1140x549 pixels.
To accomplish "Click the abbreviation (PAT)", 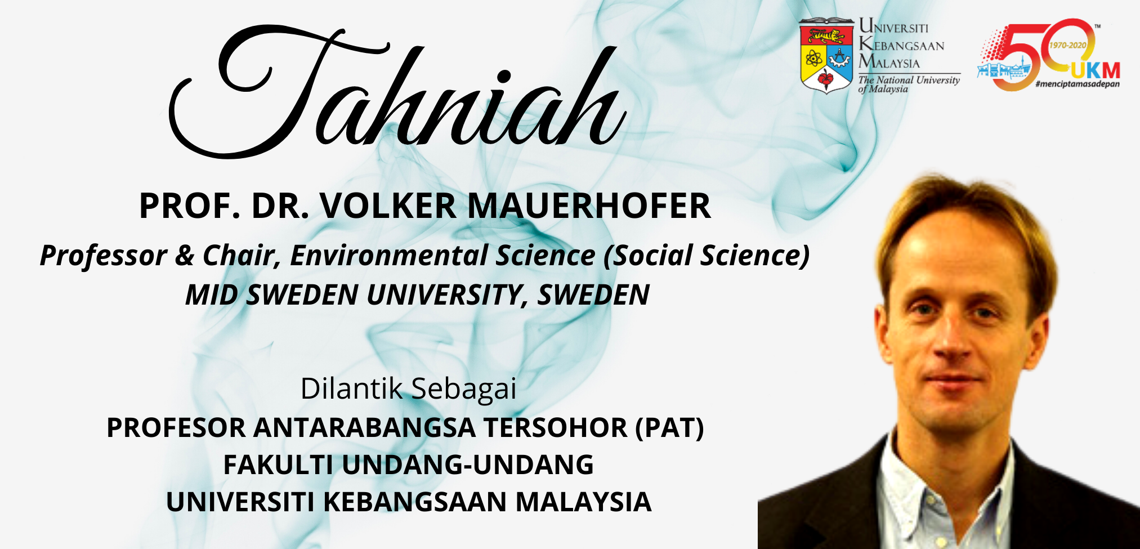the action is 670,427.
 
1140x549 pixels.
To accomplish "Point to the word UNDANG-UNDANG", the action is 468,465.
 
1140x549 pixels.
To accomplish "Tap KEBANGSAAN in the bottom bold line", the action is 416,502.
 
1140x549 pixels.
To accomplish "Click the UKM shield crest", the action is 826,55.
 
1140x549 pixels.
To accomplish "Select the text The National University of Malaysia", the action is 909,84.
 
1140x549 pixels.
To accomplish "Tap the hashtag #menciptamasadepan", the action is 1078,84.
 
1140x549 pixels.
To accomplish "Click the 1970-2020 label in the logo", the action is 1067,45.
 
